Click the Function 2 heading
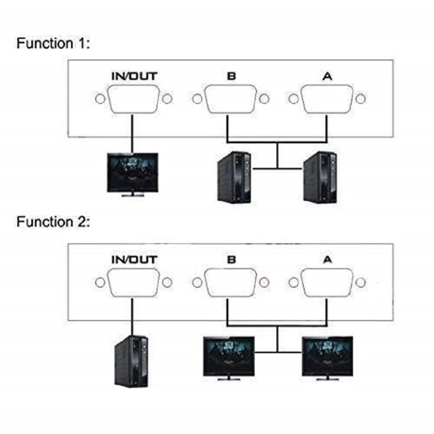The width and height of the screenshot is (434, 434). (53, 222)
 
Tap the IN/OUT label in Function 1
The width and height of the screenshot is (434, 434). (134, 76)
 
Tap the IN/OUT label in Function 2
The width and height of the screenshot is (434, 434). (134, 259)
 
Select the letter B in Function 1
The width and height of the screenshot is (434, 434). (231, 76)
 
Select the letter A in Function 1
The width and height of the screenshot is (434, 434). (327, 76)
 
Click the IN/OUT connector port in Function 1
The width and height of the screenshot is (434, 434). (134, 99)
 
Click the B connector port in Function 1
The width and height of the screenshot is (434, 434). (231, 99)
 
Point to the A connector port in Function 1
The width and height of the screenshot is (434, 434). (327, 99)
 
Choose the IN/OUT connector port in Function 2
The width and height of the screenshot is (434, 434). (134, 283)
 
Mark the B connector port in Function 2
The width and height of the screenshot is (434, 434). (231, 283)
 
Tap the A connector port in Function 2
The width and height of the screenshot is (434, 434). (327, 283)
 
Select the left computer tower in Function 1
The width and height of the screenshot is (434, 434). (234, 177)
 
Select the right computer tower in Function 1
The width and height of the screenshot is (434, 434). (320, 177)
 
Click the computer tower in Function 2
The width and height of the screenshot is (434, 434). (131, 360)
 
